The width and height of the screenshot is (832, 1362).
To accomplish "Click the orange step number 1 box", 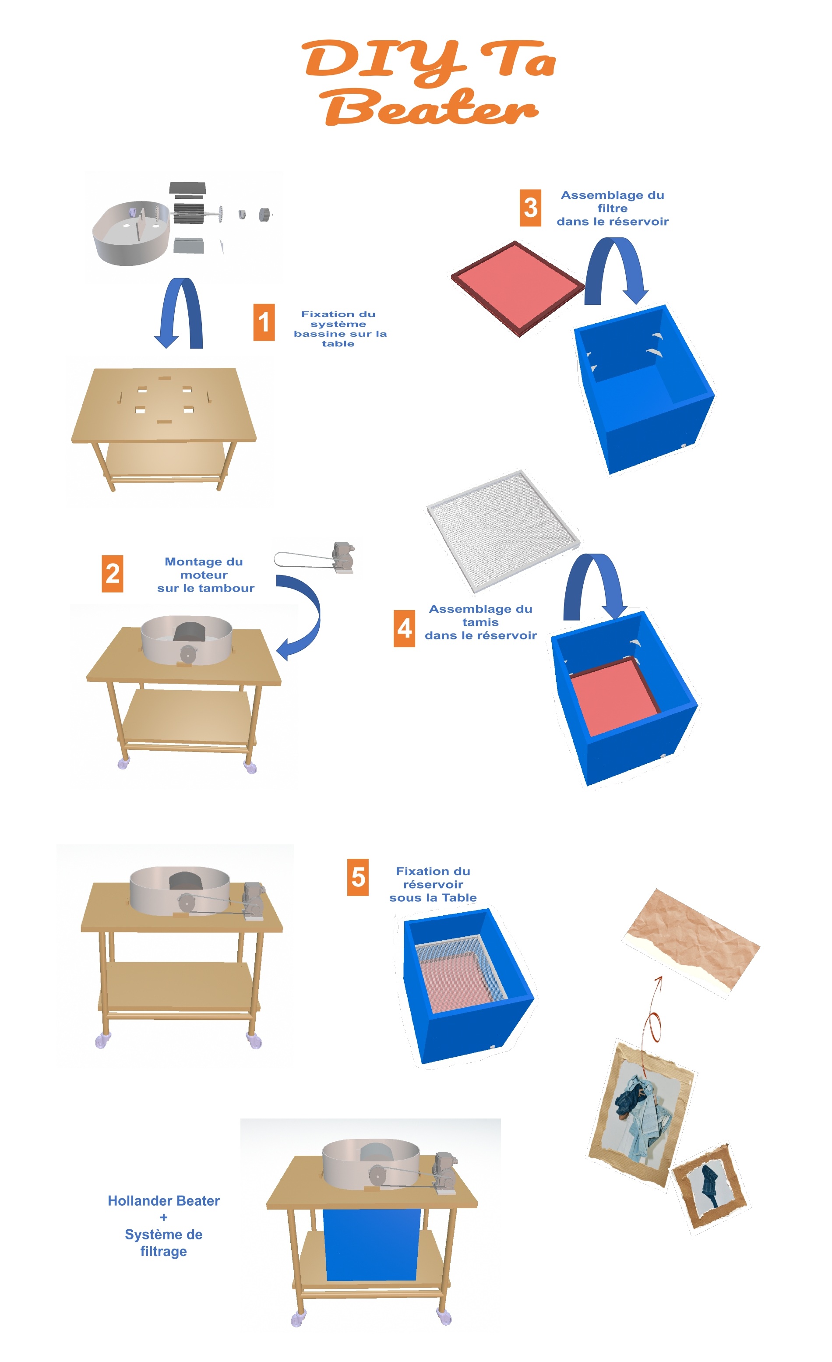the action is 264,322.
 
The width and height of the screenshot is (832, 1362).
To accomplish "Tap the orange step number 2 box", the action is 112,574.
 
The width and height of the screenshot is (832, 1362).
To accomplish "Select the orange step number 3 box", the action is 530,208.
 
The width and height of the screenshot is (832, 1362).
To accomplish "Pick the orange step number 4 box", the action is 404,628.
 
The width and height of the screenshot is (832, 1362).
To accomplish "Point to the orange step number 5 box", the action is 358,877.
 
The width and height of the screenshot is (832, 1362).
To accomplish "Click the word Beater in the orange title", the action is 430,107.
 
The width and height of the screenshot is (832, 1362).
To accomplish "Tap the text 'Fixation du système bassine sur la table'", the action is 339,329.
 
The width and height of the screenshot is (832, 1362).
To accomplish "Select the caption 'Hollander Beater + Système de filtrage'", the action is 164,1226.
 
